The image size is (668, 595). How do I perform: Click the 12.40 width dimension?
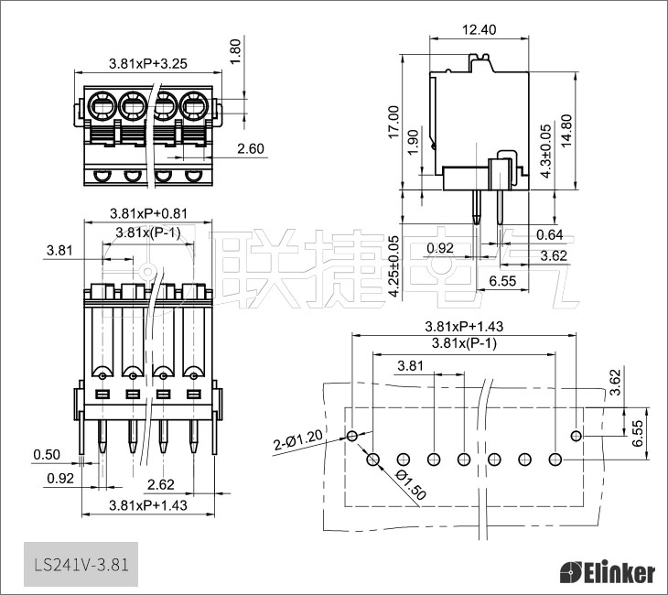479,29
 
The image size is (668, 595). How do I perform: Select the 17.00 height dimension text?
393,122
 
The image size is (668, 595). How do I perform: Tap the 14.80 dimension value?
566,133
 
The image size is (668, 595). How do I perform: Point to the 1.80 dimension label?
234,50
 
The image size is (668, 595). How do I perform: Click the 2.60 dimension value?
250,148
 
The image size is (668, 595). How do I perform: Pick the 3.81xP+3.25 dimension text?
148,64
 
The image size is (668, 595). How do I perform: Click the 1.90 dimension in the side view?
413,141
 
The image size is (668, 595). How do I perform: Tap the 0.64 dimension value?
550,233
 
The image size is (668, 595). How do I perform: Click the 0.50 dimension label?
47,455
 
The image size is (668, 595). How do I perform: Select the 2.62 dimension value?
161,484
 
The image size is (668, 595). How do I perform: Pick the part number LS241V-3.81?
80,564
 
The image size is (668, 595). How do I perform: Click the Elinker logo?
607,573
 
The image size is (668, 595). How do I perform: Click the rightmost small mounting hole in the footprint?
576,435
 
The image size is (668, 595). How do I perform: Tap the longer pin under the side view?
477,207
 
